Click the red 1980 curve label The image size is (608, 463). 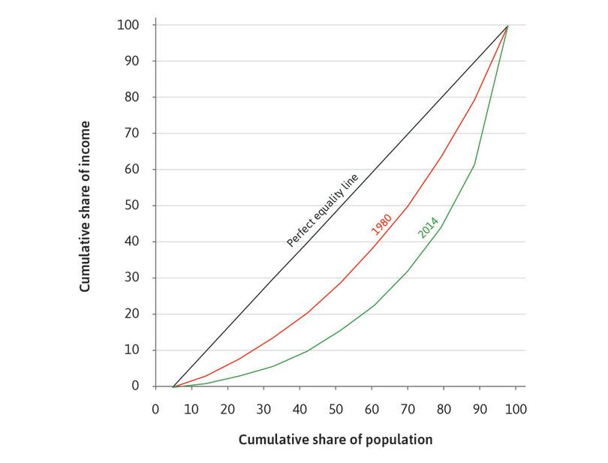pos(382,223)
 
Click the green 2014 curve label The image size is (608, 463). pos(428,227)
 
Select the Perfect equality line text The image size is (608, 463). pos(324,210)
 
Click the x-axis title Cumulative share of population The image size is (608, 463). pos(336,440)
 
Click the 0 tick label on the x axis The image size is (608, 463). pos(155,410)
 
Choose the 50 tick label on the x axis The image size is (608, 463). pos(336,410)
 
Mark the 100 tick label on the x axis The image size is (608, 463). pos(516,410)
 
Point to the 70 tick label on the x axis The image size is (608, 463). pos(408,410)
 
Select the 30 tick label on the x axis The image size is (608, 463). pos(263,410)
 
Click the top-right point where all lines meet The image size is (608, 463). pos(508,26)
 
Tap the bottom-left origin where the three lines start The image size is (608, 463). pos(173,386)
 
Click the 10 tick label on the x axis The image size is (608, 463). pos(191,410)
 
